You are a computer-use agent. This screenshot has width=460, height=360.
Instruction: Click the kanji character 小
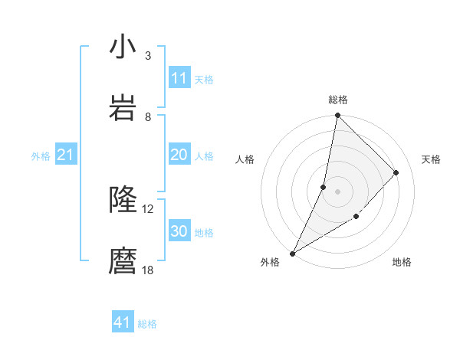(x=123, y=47)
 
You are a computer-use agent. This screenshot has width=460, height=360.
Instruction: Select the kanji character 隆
(x=123, y=200)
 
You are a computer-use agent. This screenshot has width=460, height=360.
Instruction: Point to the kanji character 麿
(x=123, y=261)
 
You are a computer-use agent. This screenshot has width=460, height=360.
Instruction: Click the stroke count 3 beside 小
(x=147, y=56)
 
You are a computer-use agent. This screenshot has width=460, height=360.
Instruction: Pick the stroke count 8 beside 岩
(x=147, y=117)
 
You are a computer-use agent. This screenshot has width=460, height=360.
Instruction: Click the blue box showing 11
(x=179, y=78)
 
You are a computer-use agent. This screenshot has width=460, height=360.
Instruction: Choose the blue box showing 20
(x=179, y=155)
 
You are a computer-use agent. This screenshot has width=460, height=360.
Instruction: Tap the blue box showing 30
(x=179, y=231)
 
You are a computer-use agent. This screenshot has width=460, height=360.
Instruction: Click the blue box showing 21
(x=65, y=155)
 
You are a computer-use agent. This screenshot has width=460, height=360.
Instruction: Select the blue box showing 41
(x=123, y=322)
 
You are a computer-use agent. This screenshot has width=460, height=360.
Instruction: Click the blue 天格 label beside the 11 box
(x=204, y=79)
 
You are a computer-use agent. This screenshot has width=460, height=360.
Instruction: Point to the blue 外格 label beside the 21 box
(x=41, y=156)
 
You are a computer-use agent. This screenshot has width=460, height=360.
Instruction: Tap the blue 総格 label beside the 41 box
(x=147, y=324)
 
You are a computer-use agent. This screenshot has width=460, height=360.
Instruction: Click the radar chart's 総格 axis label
(x=338, y=100)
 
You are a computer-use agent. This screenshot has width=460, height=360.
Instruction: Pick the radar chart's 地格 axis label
(x=402, y=262)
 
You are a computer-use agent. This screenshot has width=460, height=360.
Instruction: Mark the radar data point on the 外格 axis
(x=293, y=254)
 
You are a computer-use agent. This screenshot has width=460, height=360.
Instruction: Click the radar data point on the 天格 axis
(x=396, y=172)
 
